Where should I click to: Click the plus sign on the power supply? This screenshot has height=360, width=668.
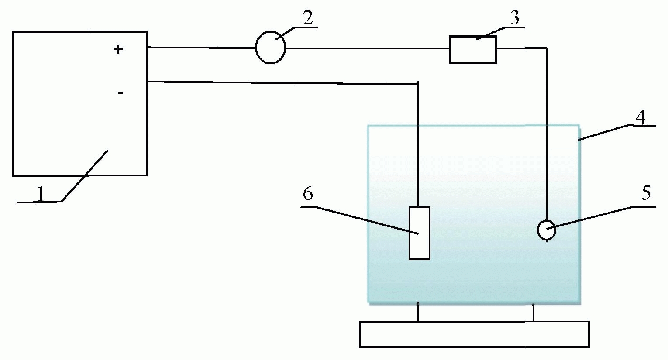[118, 50]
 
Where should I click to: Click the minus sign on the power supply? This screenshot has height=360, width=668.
[121, 93]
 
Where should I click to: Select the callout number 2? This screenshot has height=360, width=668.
[307, 18]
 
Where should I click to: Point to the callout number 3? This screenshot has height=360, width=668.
[515, 18]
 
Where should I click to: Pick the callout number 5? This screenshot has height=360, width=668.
[646, 193]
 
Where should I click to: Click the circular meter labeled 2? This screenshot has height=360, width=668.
[270, 48]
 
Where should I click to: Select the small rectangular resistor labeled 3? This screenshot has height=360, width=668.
[472, 50]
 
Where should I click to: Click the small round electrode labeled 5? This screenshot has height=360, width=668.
[546, 230]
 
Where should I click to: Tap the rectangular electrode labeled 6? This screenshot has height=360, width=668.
[419, 233]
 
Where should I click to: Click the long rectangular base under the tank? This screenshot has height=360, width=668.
[474, 334]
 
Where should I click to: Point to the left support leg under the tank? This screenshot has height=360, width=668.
[418, 312]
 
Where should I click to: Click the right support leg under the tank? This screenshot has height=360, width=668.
[533, 312]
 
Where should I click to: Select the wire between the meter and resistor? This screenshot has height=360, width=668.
[367, 48]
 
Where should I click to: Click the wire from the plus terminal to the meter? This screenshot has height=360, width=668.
[201, 48]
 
